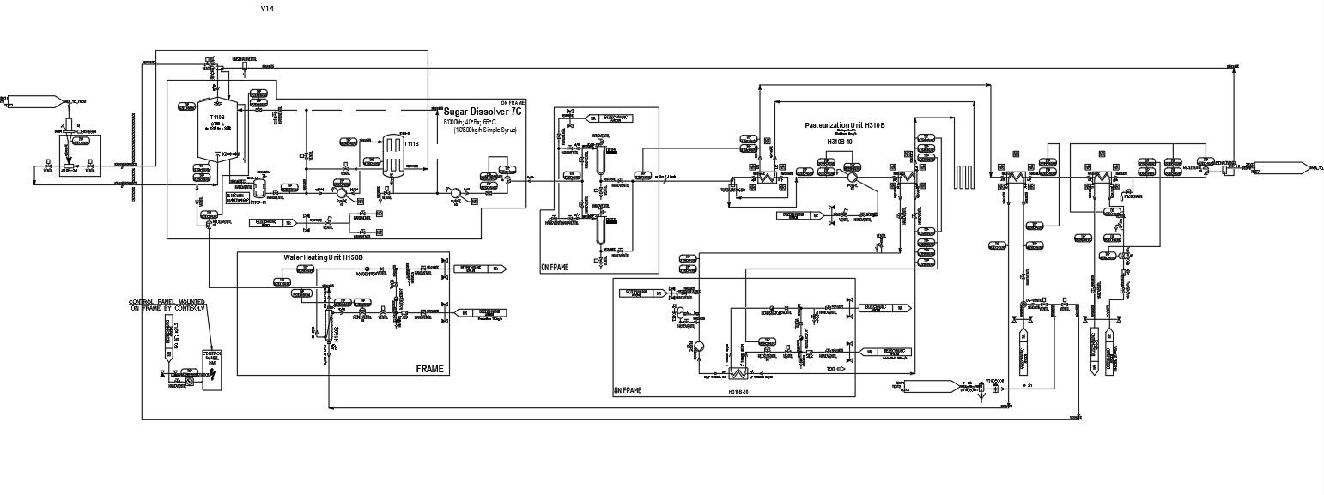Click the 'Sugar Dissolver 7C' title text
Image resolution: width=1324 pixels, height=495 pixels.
pyautogui.click(x=482, y=112)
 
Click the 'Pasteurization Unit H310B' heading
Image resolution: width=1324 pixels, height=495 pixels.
pyautogui.click(x=845, y=125)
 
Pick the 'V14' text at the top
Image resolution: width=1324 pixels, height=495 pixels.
pyautogui.click(x=268, y=8)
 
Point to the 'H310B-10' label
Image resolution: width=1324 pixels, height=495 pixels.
pyautogui.click(x=843, y=142)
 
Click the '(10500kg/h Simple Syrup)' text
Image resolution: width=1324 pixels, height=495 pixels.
pyautogui.click(x=480, y=130)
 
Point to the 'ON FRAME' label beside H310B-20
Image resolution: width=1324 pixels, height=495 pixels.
pyautogui.click(x=628, y=390)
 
